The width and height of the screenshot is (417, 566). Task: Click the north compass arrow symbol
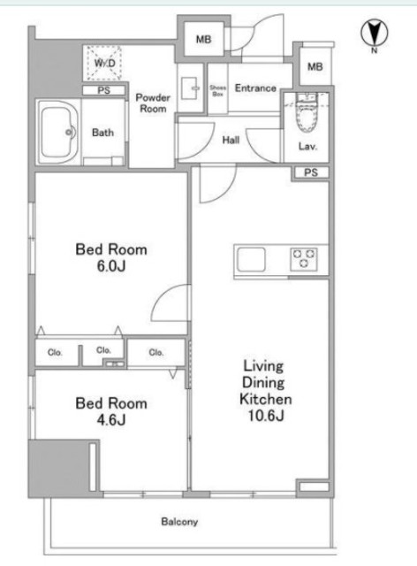click(x=374, y=33)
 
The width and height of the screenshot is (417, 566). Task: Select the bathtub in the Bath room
click(x=58, y=132)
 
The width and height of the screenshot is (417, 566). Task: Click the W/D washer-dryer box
click(x=104, y=63)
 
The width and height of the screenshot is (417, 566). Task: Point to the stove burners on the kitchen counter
click(x=304, y=259)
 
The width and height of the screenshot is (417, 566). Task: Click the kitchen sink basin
click(x=251, y=259)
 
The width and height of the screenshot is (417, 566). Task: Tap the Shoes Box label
click(x=217, y=90)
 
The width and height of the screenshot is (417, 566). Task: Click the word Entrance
click(x=255, y=88)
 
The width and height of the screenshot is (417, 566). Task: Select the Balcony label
click(x=179, y=522)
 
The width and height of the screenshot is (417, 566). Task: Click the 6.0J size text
click(x=111, y=266)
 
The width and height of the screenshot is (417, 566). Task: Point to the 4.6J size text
click(x=111, y=420)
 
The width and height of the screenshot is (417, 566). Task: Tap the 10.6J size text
click(x=266, y=416)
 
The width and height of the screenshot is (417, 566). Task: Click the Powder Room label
click(x=153, y=103)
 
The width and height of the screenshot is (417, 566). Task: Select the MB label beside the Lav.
click(x=315, y=67)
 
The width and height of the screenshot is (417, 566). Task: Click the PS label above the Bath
click(x=104, y=90)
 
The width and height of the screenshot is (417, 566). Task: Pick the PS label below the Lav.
click(x=311, y=172)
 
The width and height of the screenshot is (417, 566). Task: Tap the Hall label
click(x=231, y=140)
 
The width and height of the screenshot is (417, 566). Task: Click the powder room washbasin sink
click(x=189, y=88)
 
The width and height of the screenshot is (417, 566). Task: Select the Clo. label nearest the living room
click(x=156, y=352)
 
